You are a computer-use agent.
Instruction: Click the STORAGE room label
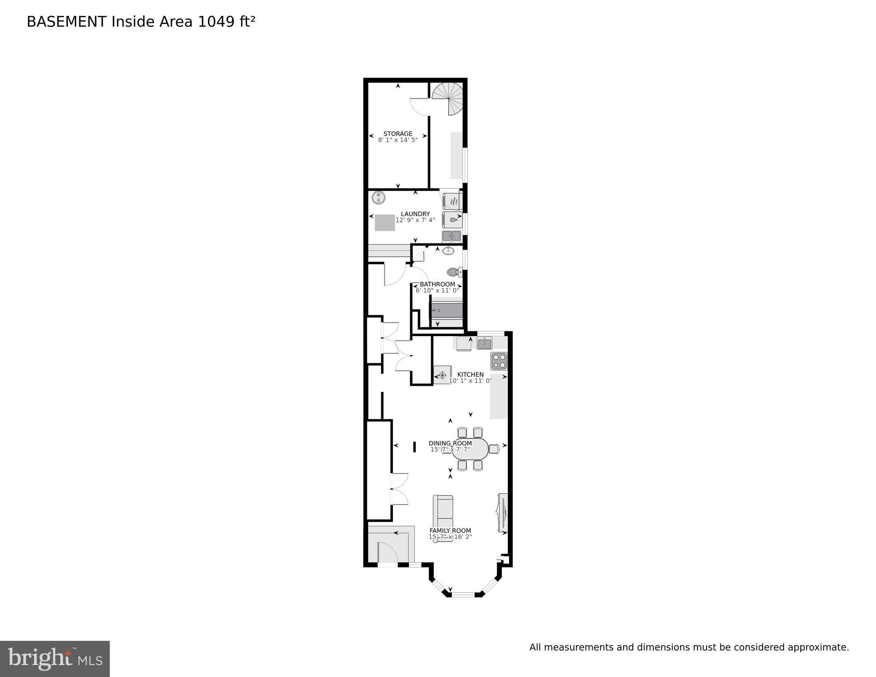[398, 134]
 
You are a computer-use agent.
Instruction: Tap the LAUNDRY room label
[415, 214]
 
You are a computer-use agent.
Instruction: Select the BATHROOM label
[437, 284]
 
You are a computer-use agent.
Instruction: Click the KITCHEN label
[470, 374]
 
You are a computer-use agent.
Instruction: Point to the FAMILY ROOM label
[450, 531]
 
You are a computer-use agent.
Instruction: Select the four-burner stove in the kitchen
[499, 361]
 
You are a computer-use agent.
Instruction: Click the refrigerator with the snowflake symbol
[442, 375]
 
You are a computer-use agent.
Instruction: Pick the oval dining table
[470, 449]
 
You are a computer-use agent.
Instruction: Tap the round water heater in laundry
[378, 198]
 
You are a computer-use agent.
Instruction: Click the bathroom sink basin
[448, 251]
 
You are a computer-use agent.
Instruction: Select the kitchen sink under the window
[485, 343]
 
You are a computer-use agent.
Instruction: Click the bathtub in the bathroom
[447, 310]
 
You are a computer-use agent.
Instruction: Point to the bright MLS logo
[55, 659]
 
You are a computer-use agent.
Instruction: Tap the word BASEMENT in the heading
[67, 22]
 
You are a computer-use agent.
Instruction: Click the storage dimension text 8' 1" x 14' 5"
[398, 140]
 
